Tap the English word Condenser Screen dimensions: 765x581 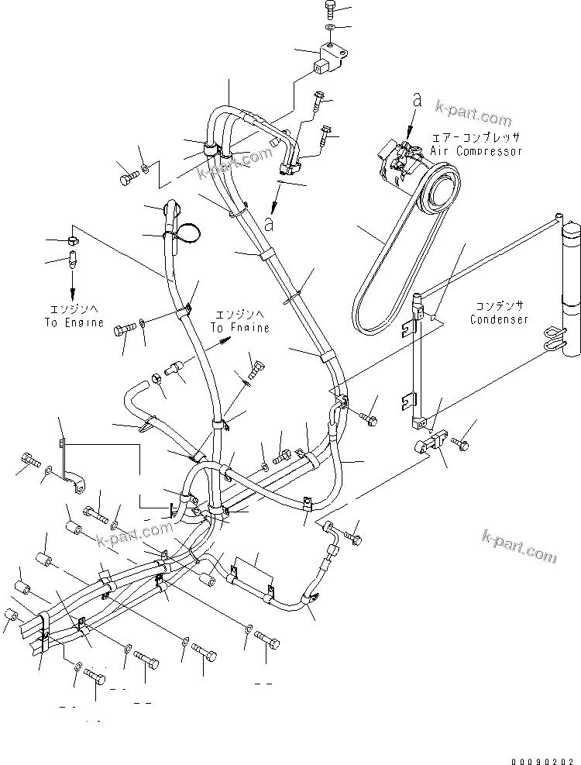[499, 319]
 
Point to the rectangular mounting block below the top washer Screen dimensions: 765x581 [325, 58]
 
